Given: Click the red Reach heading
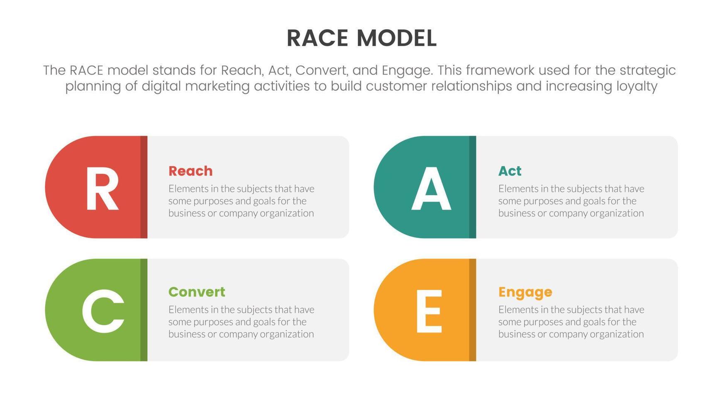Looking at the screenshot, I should coord(191,171).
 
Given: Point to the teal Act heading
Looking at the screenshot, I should coord(510,171).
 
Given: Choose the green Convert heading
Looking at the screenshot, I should coord(197,292).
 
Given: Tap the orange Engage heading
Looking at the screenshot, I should coord(525,292).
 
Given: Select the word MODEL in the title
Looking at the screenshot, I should coord(396,38).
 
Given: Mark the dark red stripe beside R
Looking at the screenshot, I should coord(144,187).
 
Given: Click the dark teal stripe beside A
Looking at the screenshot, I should coord(472,187).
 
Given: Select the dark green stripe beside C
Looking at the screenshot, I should coord(144,310).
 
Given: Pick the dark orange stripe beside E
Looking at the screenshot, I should coord(472,310).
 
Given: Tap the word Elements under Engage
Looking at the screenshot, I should coord(517,309).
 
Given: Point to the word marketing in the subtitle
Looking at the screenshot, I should coord(217,86).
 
